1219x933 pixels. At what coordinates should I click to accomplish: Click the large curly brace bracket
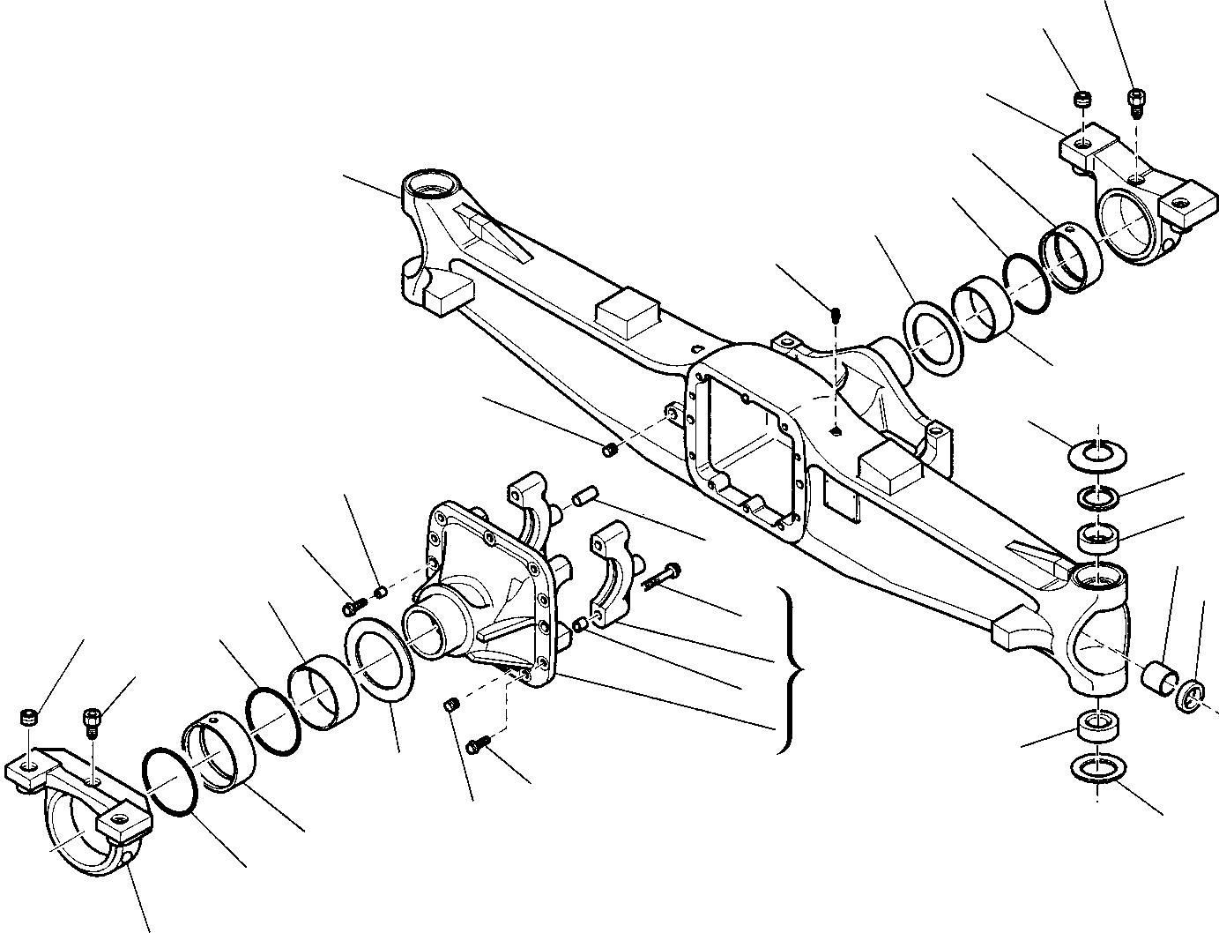point(791,670)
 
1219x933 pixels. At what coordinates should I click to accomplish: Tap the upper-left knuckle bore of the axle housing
point(432,190)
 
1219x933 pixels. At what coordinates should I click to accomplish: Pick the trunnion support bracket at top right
point(1131,203)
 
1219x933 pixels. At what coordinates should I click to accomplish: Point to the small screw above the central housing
point(836,312)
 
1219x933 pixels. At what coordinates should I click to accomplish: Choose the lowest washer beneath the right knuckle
point(1095,768)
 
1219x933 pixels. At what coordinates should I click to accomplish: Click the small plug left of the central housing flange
point(608,452)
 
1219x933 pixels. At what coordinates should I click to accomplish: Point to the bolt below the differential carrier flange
point(477,745)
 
